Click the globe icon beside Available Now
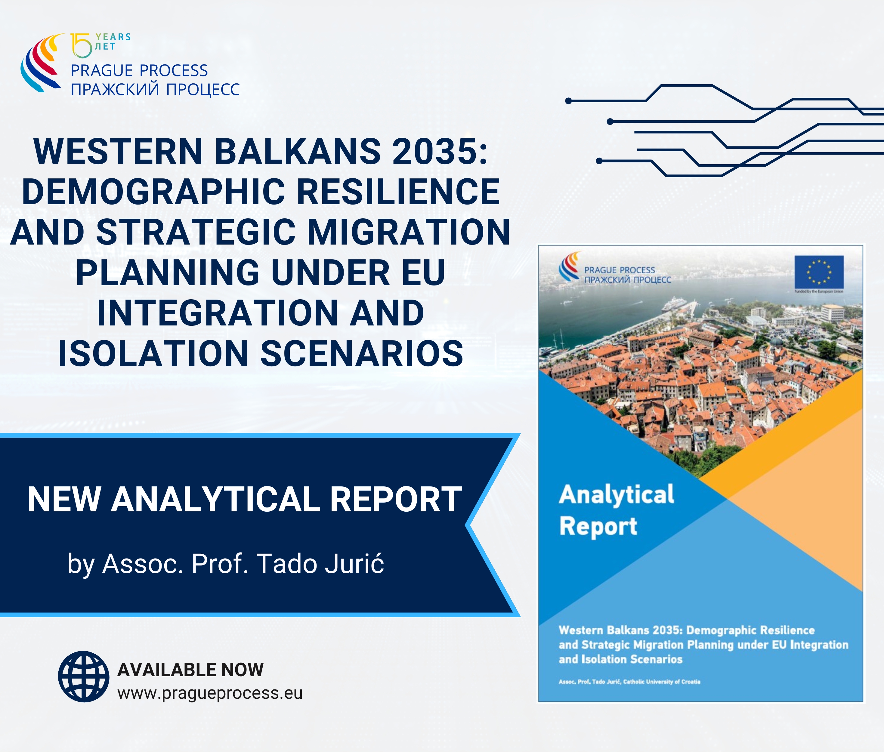84,676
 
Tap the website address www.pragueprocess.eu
210,694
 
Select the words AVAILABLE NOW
191,670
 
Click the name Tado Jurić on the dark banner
320,564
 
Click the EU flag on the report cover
819,272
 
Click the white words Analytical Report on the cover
617,510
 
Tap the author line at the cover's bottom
629,682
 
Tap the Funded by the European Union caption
819,291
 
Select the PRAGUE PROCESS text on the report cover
620,270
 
